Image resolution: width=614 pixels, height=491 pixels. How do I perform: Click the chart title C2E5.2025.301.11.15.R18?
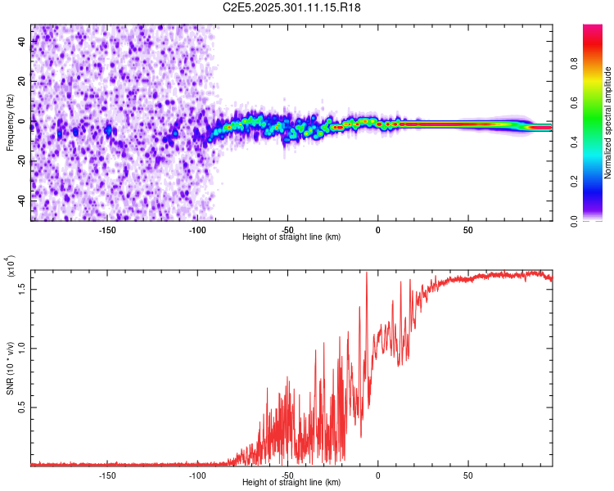coord(292,7)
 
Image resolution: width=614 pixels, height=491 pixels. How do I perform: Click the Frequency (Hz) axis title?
coord(10,124)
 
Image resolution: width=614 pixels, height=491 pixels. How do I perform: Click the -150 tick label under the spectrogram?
coord(106,230)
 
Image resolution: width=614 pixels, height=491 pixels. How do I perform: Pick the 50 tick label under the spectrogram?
coord(467,230)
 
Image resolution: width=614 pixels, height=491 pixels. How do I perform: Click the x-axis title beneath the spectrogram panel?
coord(291,237)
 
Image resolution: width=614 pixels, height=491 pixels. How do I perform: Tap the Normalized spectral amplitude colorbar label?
coord(608,124)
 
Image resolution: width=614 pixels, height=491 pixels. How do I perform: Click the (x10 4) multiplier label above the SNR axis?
coord(11,267)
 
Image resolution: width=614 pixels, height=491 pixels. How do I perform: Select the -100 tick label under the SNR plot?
coord(196,475)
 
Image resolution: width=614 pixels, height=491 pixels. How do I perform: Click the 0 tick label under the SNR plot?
coord(377,475)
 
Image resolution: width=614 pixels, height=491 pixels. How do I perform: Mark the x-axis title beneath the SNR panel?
coord(291,483)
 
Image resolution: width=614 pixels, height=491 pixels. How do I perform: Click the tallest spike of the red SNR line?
coord(366,273)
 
